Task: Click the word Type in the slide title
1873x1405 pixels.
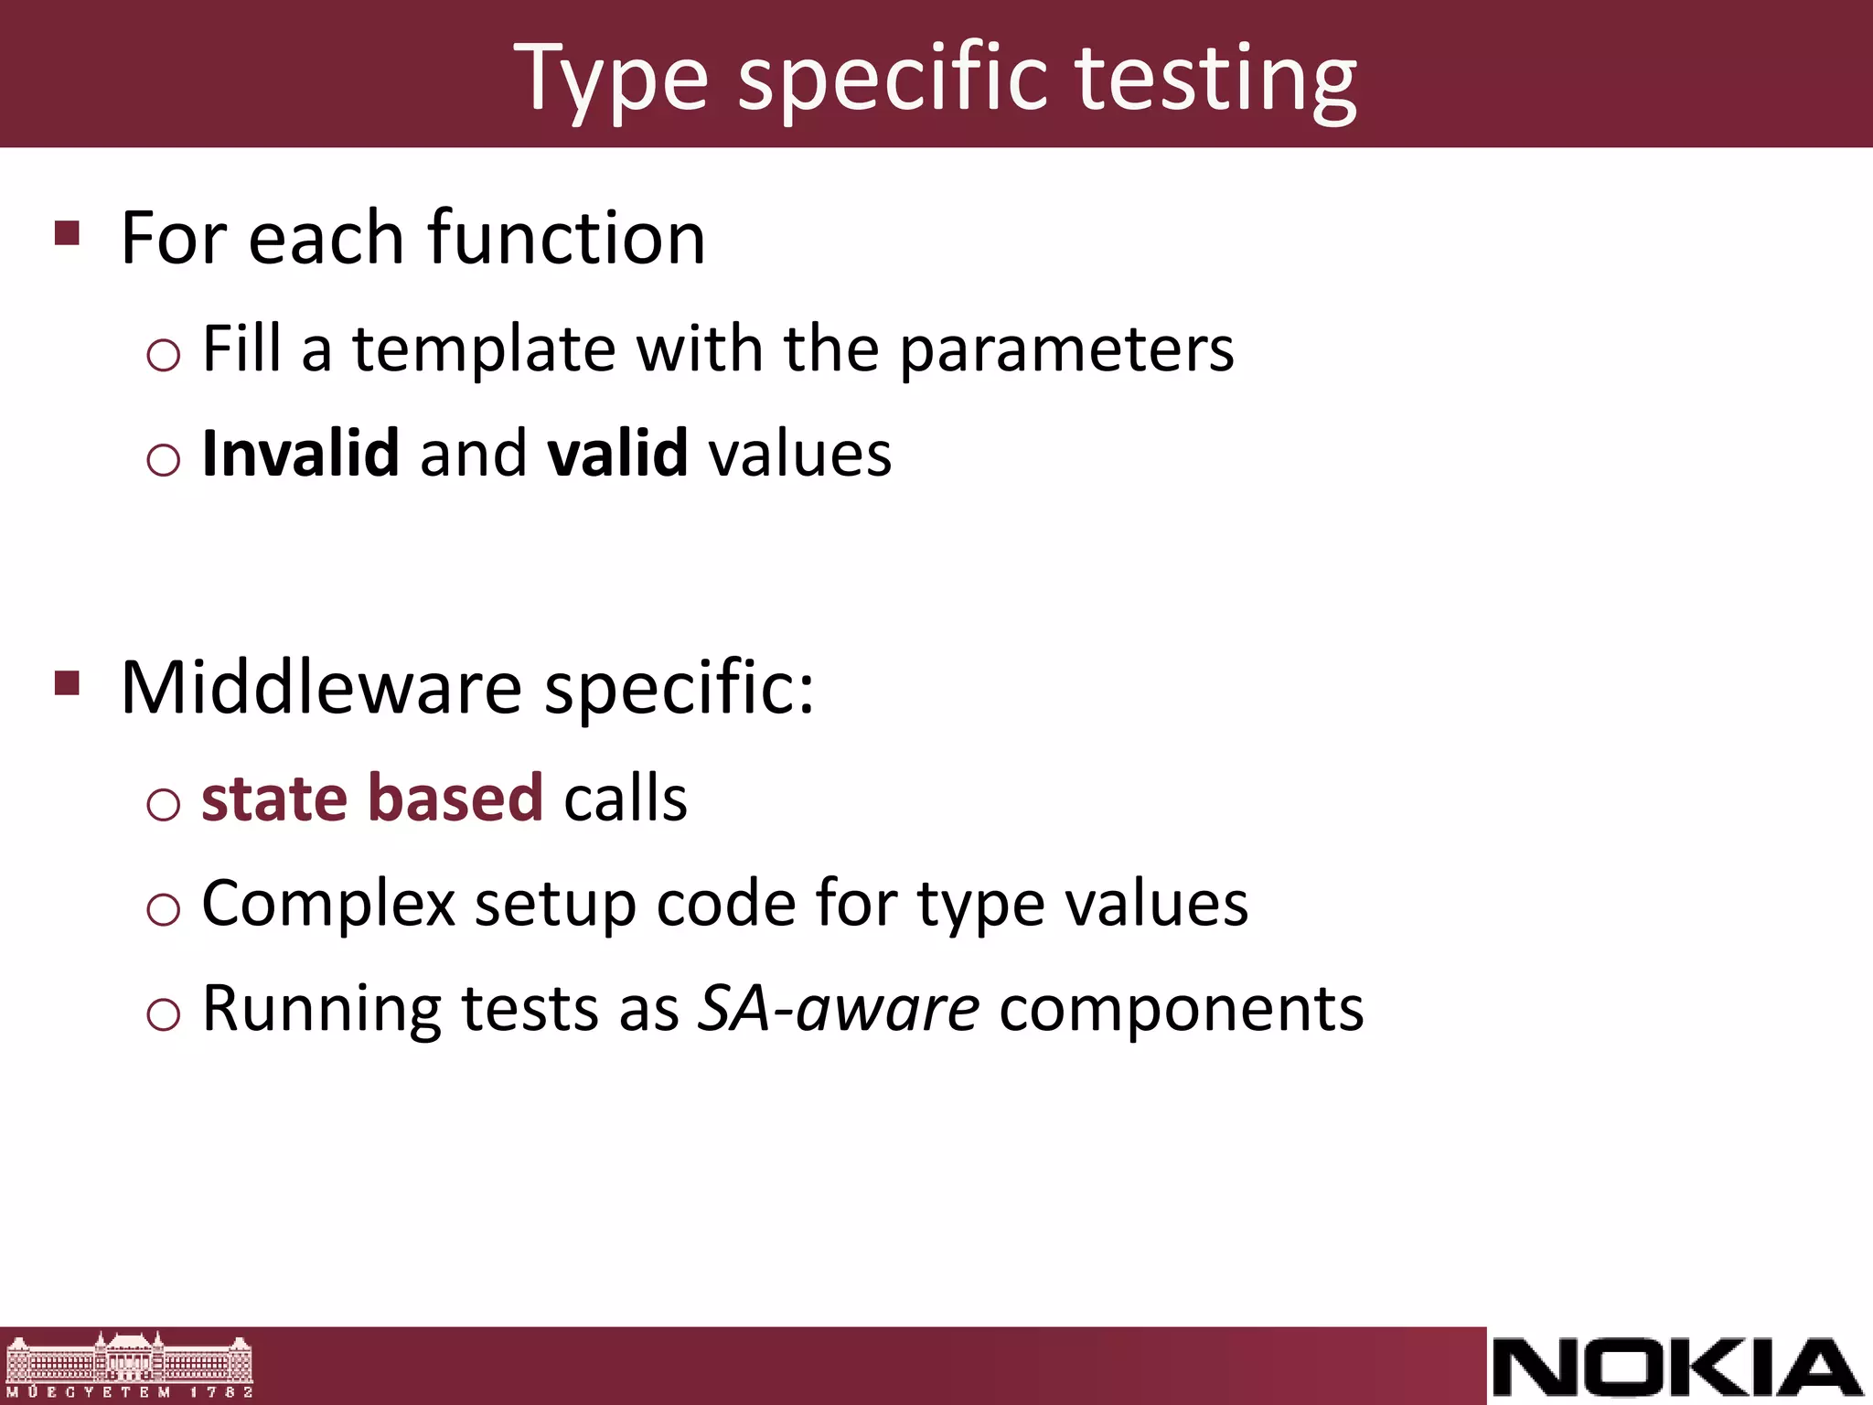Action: [611, 80]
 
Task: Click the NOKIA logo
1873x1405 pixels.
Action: [1677, 1367]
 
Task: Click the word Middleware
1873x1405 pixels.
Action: [321, 687]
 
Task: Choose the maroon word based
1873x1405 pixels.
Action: [455, 798]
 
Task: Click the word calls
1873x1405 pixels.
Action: [626, 798]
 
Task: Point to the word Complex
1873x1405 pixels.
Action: [328, 904]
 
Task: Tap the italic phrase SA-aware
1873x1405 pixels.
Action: [839, 1008]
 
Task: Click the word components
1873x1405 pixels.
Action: [1181, 1010]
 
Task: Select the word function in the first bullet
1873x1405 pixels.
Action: [566, 238]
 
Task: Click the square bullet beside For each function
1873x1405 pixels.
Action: [67, 233]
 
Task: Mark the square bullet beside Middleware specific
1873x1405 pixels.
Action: [67, 682]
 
